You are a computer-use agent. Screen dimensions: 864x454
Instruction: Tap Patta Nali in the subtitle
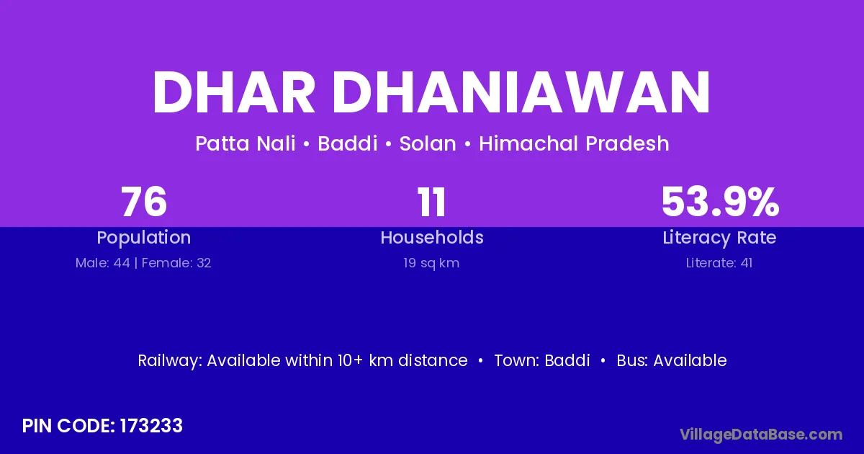click(x=246, y=143)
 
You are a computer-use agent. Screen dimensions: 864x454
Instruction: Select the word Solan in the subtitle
click(x=428, y=143)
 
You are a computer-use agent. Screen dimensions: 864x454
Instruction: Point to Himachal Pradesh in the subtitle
click(x=574, y=144)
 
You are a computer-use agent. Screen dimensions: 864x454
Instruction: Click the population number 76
click(x=144, y=202)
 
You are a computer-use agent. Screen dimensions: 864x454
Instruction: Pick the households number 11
click(x=431, y=202)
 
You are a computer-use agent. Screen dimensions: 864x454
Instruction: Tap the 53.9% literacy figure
click(x=720, y=202)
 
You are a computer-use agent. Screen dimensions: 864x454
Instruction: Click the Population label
click(x=144, y=238)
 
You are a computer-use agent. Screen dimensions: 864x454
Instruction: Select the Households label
click(x=432, y=237)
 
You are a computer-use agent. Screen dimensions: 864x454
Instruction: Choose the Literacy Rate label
click(x=719, y=238)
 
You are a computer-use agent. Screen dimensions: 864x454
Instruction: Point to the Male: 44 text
click(x=102, y=263)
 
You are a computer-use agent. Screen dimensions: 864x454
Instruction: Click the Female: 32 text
click(x=176, y=263)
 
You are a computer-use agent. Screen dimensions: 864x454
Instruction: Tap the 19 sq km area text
click(x=431, y=263)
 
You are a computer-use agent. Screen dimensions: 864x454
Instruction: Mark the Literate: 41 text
click(x=719, y=263)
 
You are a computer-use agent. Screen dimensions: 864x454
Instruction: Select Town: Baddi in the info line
click(x=542, y=360)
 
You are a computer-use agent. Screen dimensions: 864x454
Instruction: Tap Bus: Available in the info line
click(x=672, y=360)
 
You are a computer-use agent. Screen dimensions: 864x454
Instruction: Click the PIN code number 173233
click(x=151, y=426)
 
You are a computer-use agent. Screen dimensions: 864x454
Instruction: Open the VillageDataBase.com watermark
click(x=761, y=435)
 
